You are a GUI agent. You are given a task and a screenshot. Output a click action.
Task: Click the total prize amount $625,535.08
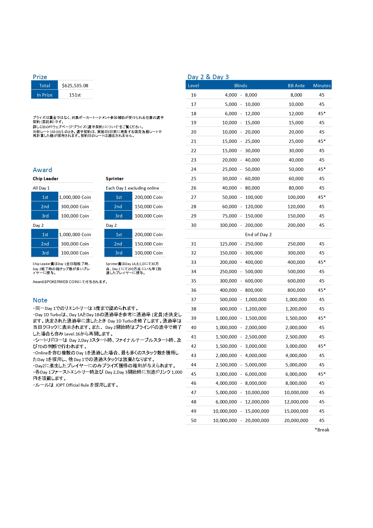pos(75,85)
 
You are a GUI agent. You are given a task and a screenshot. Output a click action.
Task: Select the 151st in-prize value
pos(75,95)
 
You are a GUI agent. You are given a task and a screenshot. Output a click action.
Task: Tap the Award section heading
pos(42,170)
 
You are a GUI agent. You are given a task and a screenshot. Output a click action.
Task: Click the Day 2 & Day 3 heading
pos(208,77)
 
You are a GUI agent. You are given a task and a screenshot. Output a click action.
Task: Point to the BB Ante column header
pos(296,85)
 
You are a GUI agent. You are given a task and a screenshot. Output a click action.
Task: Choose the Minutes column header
pos(322,85)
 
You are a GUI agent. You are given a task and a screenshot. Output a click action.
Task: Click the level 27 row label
pos(193,197)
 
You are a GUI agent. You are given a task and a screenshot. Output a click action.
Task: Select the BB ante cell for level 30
pos(296,225)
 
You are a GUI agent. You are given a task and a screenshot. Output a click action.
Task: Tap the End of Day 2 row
pos(258,234)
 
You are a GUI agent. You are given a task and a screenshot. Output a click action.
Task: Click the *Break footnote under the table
pos(322,430)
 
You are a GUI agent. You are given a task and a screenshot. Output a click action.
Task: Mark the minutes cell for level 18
pos(322,113)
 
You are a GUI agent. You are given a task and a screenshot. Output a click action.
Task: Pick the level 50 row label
pos(193,420)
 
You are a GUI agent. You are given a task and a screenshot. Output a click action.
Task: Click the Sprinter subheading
pos(115,178)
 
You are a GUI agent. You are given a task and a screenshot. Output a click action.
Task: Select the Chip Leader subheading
pos(45,178)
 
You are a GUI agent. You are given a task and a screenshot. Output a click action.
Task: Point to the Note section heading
pos(40,300)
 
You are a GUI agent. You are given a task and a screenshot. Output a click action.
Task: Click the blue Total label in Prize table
pos(45,85)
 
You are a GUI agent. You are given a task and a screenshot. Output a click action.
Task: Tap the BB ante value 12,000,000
pos(296,402)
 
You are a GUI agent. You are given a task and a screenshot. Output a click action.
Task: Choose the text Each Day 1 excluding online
pos(132,188)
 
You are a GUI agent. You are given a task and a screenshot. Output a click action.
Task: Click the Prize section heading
pos(40,77)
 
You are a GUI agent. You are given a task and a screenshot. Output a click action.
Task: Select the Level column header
pos(193,85)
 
